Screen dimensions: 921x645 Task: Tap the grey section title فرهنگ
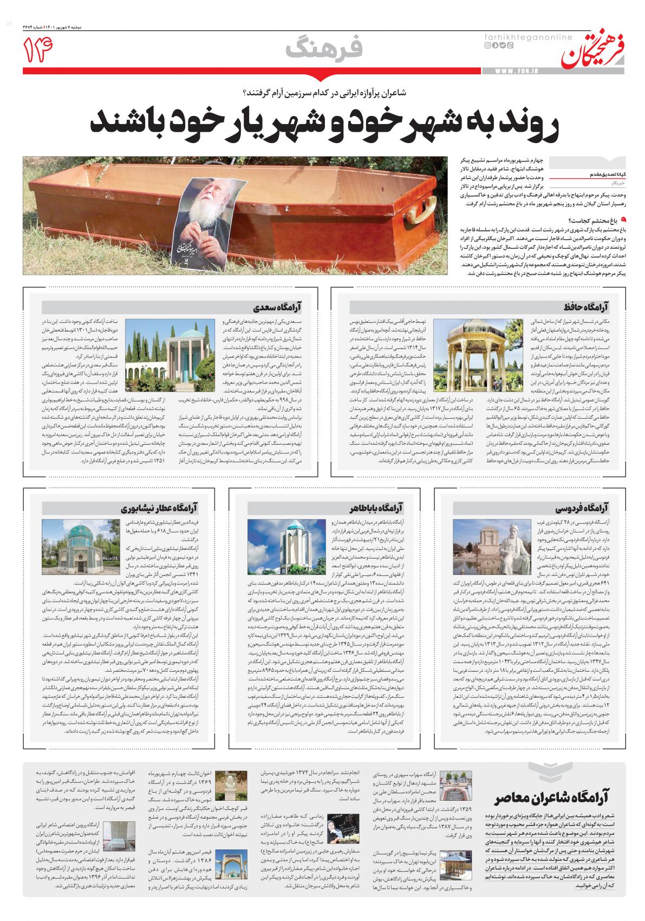pos(325,49)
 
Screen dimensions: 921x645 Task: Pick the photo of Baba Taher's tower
pos(282,547)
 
